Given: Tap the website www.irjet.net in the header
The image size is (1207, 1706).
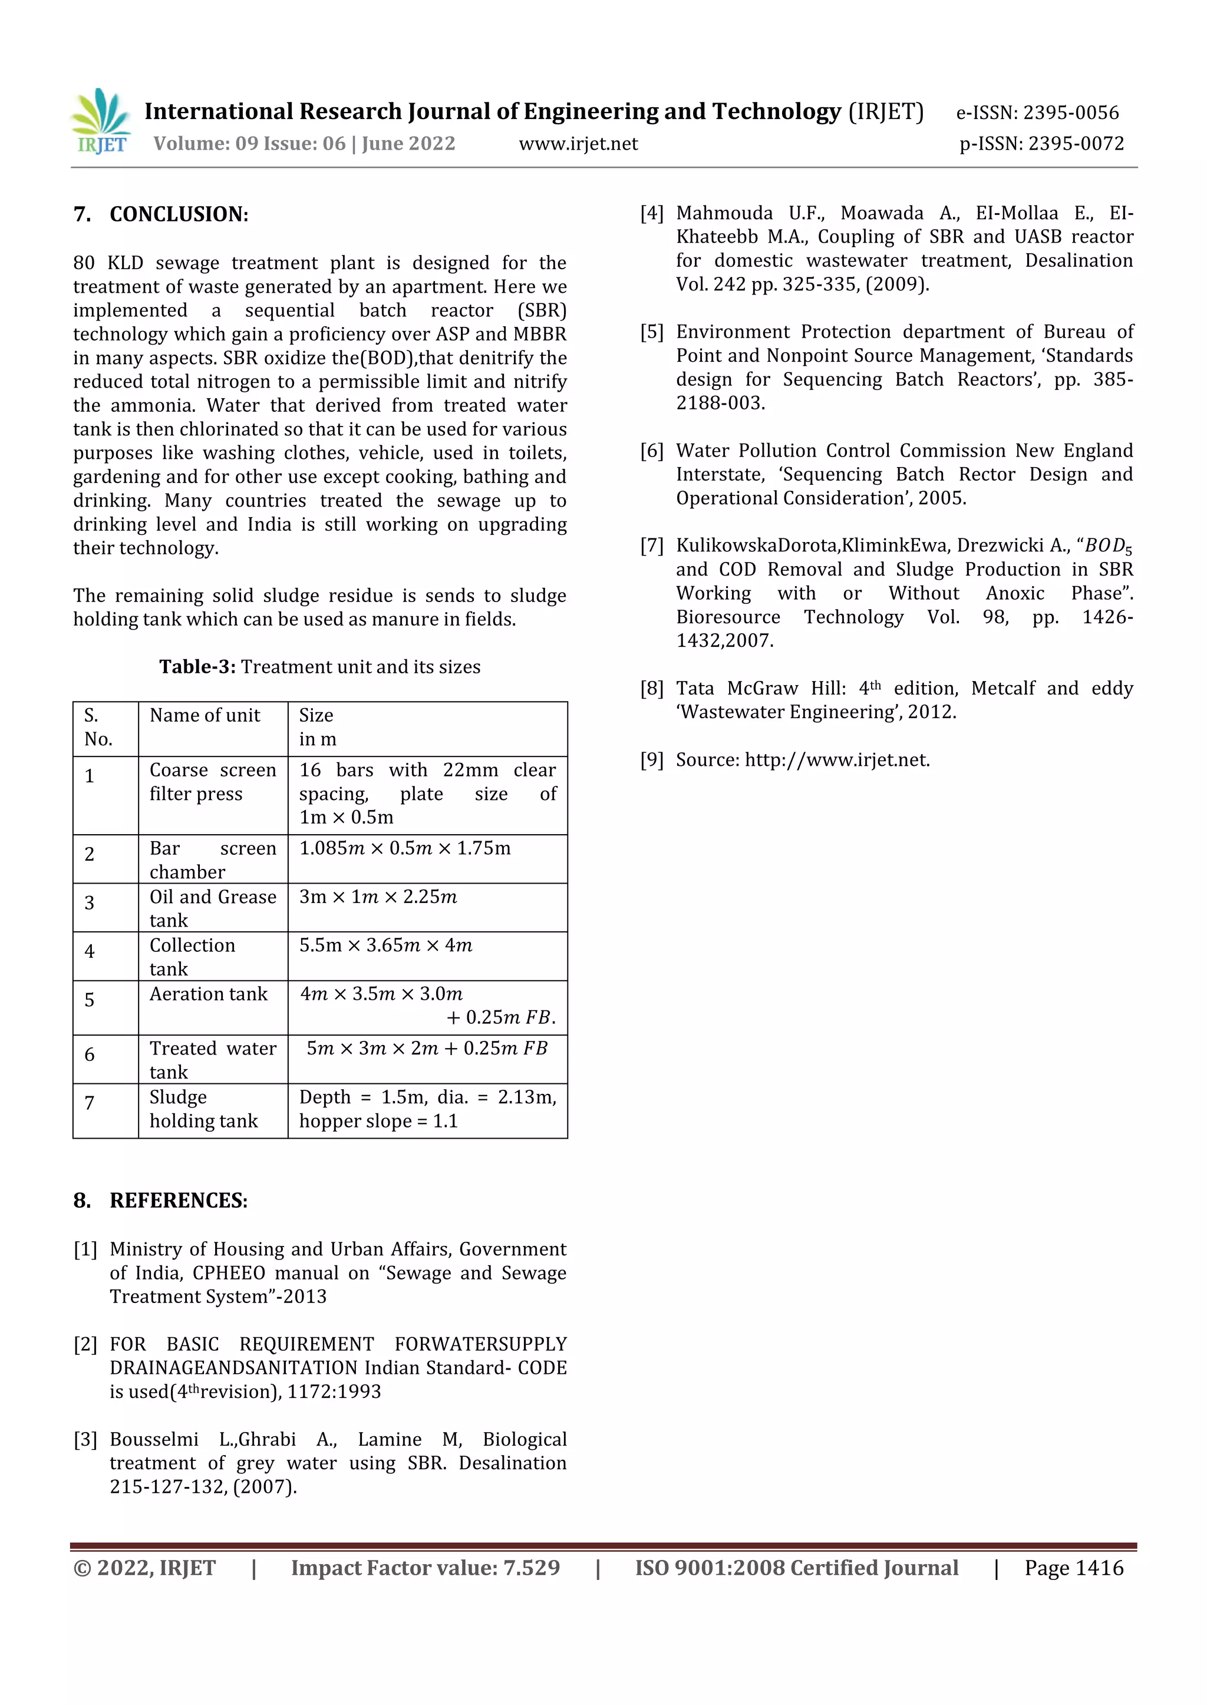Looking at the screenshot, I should click(578, 144).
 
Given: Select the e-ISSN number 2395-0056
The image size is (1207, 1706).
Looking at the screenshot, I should click(1070, 113).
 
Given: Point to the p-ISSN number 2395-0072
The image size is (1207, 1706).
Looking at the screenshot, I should click(1076, 144).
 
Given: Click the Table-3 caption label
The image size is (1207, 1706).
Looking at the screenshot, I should click(197, 667).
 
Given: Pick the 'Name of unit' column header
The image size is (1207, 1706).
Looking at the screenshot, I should click(205, 716).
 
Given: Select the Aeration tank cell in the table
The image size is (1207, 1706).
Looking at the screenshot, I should click(208, 994).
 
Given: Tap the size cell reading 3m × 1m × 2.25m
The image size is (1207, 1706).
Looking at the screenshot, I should click(378, 898).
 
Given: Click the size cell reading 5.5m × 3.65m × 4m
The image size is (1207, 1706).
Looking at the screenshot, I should click(386, 946).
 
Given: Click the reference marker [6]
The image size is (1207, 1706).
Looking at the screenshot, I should click(652, 451).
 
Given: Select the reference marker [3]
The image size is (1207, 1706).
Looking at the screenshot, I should click(85, 1440).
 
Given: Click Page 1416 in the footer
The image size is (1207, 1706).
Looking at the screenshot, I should click(1073, 1569).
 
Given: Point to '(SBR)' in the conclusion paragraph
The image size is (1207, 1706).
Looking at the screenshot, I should click(542, 310).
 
